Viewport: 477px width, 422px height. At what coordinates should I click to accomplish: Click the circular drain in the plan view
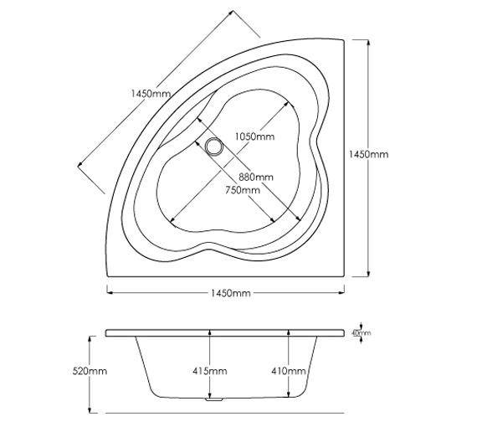(x=214, y=147)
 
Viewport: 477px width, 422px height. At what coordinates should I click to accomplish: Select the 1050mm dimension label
(x=254, y=136)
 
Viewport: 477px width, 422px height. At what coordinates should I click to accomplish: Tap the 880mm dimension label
(x=256, y=177)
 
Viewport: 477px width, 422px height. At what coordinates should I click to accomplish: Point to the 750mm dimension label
(x=243, y=190)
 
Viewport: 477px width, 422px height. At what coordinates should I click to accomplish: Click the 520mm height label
(x=90, y=371)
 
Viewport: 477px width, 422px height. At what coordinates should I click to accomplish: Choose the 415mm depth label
(x=210, y=371)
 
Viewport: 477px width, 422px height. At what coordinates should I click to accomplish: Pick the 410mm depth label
(x=289, y=371)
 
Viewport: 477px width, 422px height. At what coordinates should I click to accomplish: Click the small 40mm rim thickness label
(x=361, y=332)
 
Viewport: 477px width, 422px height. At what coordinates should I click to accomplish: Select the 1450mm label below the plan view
(x=231, y=293)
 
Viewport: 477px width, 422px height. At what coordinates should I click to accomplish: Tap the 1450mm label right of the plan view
(x=368, y=154)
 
